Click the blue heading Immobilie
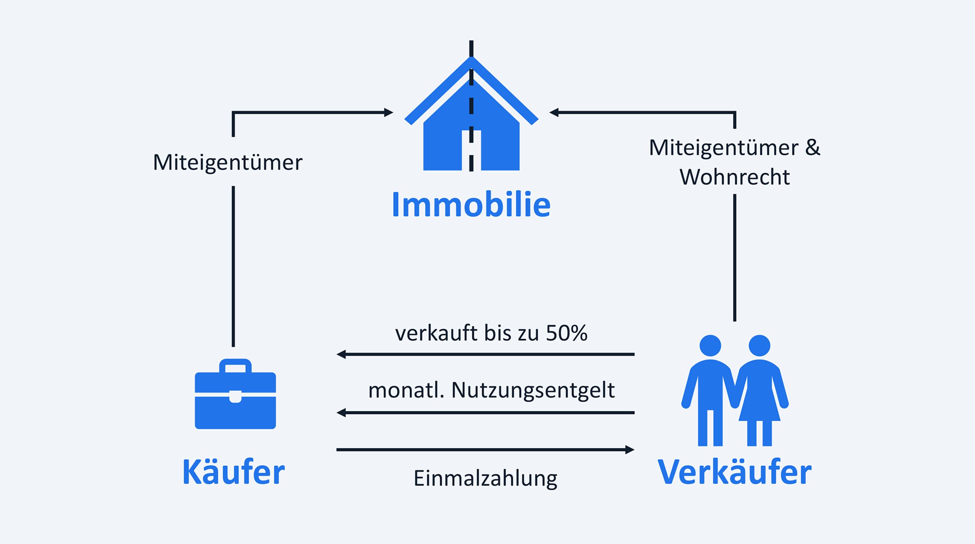coord(471,205)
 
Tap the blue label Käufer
coord(233,472)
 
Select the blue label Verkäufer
coord(735,472)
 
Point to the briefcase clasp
coord(235,396)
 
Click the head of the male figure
coord(710,345)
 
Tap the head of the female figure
coord(759,345)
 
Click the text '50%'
coord(567,333)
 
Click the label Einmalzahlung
coord(486,479)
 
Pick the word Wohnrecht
coord(735,177)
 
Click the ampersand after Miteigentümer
coord(812,147)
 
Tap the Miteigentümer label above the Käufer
coord(228,163)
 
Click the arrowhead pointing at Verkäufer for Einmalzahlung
coord(630,450)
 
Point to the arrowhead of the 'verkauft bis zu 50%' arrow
coord(341,355)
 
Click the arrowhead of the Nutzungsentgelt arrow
coord(341,413)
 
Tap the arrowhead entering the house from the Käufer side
coord(389,112)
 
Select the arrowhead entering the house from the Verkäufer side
coord(554,112)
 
